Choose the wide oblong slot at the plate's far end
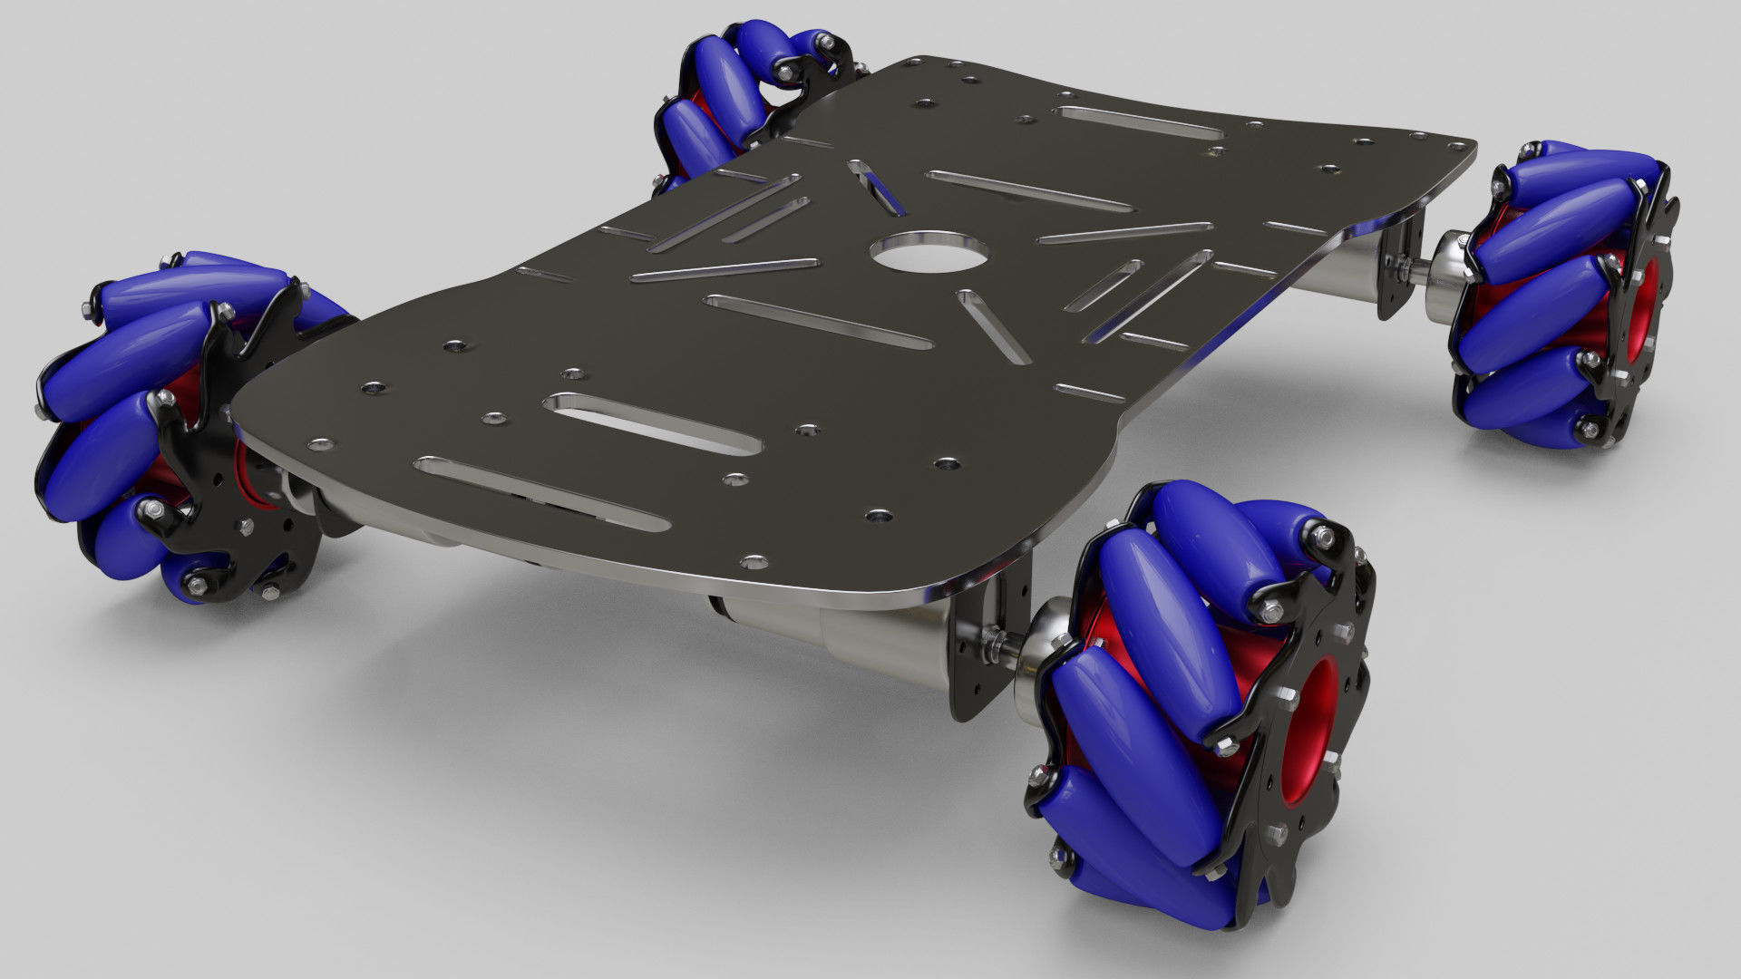point(1139,122)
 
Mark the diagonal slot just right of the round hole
point(992,325)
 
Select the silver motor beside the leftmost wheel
point(299,489)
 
